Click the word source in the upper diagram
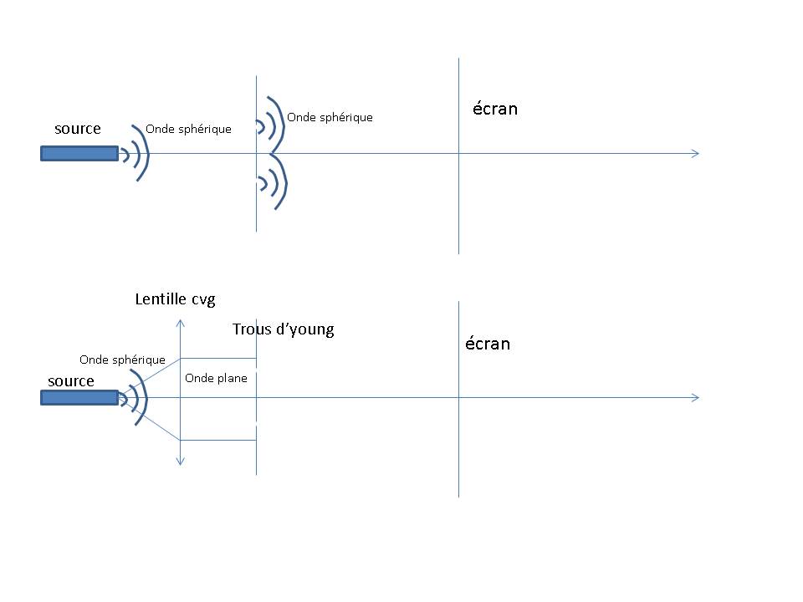tap(78, 129)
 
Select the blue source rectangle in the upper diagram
tap(79, 154)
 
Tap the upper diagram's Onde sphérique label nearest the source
tap(188, 130)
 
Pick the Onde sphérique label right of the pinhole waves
tap(330, 118)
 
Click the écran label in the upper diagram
tap(495, 109)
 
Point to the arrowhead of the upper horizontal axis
tap(694, 154)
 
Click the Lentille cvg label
tap(176, 299)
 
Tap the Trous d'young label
tap(283, 329)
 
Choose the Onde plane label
tap(216, 379)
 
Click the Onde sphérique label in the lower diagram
tap(122, 360)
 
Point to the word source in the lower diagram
tap(71, 381)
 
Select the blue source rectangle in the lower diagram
tap(79, 398)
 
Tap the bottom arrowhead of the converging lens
tap(181, 461)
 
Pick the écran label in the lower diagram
tap(488, 344)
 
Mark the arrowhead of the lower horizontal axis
tap(694, 398)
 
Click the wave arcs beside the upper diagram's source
tap(136, 154)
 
